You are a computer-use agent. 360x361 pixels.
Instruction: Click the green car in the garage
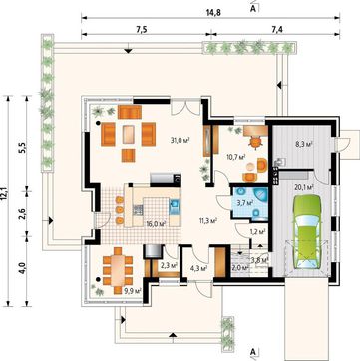tap(307, 231)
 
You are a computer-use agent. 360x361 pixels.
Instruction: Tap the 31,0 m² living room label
tap(180, 140)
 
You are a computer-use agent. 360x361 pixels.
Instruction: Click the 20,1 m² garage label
tap(304, 187)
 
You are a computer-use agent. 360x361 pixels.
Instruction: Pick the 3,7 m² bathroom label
tap(246, 202)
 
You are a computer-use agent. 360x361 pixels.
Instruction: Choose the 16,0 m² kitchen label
tap(156, 224)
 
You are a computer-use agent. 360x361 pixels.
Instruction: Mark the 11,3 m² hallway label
tap(208, 220)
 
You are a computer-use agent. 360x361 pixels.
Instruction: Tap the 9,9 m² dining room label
tap(133, 291)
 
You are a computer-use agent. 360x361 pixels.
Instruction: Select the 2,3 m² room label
tap(169, 265)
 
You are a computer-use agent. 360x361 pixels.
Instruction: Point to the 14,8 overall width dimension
tap(213, 12)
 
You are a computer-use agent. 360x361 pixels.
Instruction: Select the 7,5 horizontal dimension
tap(142, 29)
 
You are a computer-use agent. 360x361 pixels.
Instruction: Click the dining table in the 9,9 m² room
tap(118, 268)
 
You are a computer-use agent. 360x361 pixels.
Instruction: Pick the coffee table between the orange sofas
tap(128, 135)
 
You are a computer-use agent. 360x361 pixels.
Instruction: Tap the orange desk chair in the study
tap(255, 143)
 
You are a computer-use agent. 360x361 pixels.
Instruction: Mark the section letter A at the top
tap(252, 9)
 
